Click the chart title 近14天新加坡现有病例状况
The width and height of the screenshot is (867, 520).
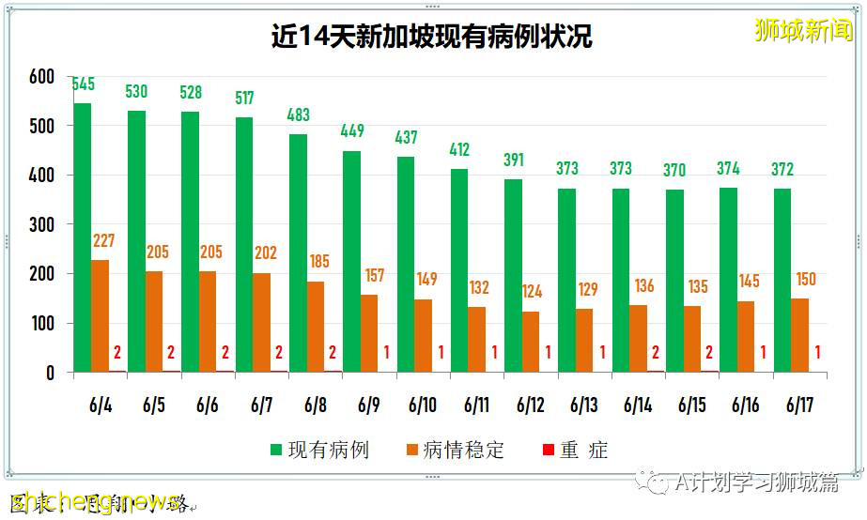[x=431, y=38]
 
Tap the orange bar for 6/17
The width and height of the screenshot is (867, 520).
[x=799, y=335]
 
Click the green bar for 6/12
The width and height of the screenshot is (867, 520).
[x=513, y=276]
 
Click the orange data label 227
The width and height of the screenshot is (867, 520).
[x=103, y=241]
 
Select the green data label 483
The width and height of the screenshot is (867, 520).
[x=298, y=115]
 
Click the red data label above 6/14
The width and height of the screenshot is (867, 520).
[x=656, y=353]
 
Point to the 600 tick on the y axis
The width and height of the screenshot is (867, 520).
[x=41, y=77]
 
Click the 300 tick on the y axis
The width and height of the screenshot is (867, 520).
[x=41, y=225]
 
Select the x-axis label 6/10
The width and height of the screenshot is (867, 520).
[x=422, y=405]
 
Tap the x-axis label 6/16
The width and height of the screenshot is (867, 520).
[x=745, y=405]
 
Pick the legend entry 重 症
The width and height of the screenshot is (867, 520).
[x=575, y=451]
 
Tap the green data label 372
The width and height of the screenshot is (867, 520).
[x=782, y=170]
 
